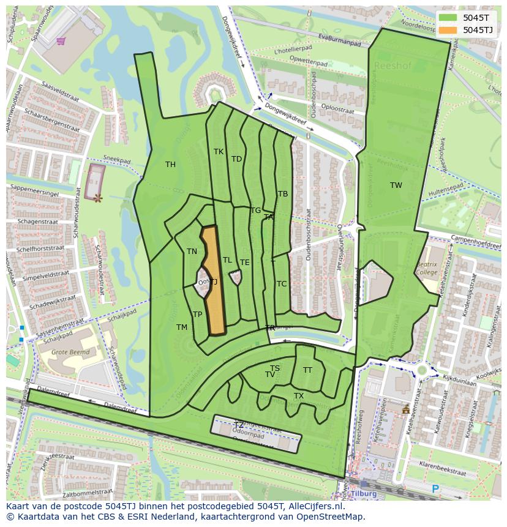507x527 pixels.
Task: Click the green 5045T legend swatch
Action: click(448, 18)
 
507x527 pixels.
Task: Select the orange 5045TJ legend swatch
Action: click(448, 30)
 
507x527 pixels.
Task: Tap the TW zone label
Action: click(396, 185)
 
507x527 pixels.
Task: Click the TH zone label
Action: click(170, 165)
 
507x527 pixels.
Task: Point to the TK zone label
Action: click(219, 152)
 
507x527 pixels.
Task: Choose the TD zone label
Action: click(236, 159)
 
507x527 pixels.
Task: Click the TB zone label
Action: click(283, 194)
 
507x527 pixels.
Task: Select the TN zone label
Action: click(192, 252)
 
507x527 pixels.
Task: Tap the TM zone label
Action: click(182, 327)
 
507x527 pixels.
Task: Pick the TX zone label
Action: click(299, 397)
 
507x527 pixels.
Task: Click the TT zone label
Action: click(307, 370)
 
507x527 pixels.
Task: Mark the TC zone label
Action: click(282, 284)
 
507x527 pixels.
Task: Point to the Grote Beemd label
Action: click(70, 353)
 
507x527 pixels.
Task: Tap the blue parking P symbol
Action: click(435, 489)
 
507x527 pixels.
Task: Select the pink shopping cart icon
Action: click(61, 42)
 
